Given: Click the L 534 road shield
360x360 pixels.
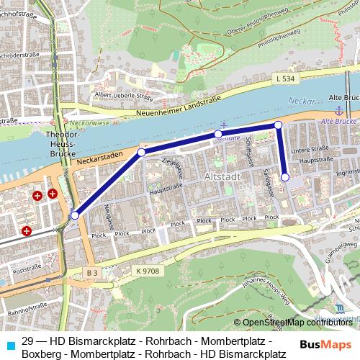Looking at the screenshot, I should (284, 78).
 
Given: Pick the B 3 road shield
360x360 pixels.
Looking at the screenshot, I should (91, 273).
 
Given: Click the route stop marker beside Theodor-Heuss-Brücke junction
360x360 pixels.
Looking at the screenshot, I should (74, 215).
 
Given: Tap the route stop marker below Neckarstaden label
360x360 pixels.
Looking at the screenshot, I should (142, 152).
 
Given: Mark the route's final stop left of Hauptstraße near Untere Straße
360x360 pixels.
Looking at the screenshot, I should (285, 176).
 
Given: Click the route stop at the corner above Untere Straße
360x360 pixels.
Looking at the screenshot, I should (278, 126).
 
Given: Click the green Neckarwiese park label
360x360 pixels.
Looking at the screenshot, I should (91, 124).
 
